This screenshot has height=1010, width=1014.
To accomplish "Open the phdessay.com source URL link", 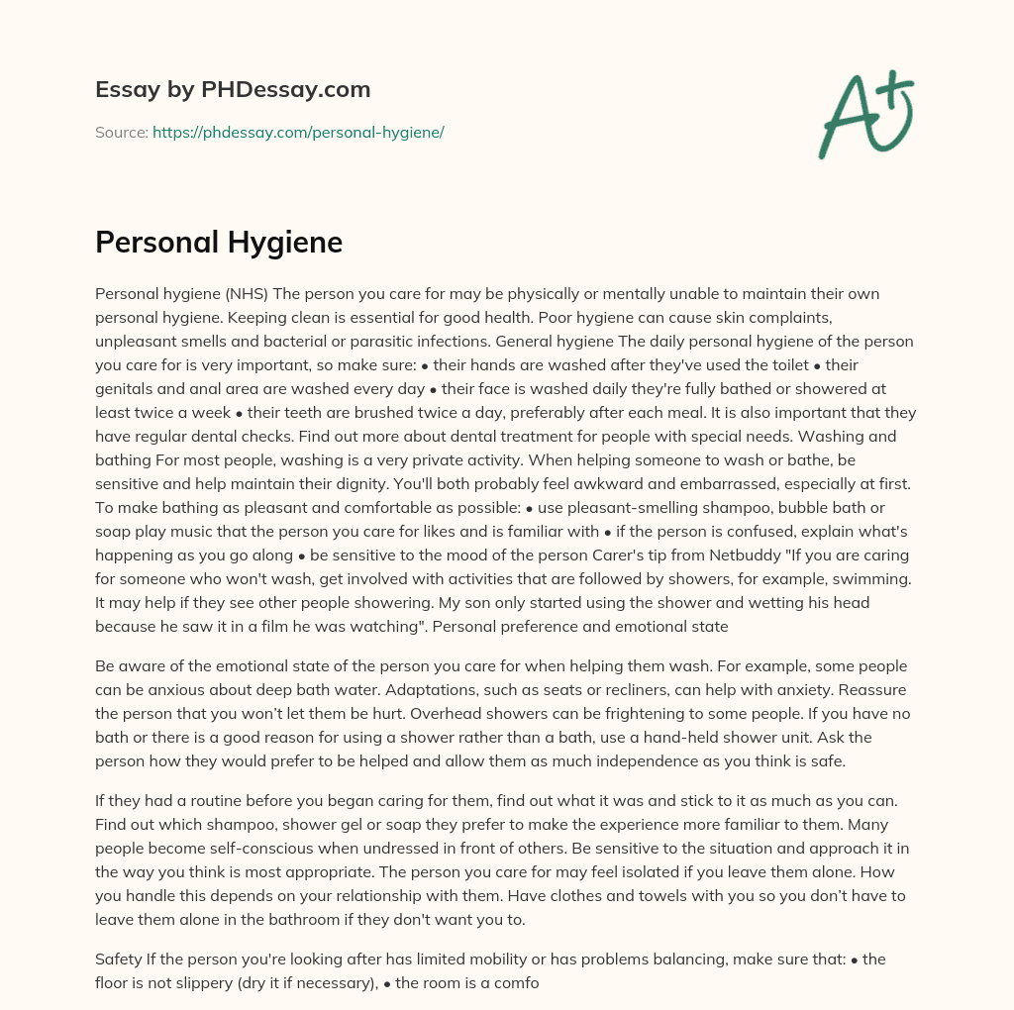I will click(x=298, y=132).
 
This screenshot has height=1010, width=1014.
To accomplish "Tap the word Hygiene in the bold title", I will click(x=288, y=243).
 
